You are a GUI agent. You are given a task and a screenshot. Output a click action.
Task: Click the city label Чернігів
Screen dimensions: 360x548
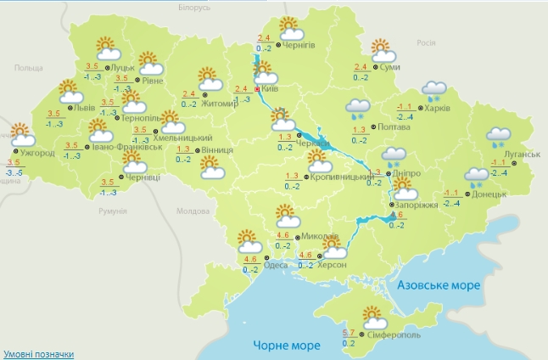click(x=299, y=45)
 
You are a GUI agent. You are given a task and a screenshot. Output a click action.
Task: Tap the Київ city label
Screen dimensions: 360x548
click(x=271, y=88)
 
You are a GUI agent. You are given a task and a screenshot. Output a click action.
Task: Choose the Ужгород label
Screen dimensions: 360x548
click(x=38, y=153)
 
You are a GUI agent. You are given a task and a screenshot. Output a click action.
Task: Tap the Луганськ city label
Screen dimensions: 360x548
click(x=522, y=155)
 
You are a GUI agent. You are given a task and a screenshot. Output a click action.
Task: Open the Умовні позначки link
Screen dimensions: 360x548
click(x=38, y=353)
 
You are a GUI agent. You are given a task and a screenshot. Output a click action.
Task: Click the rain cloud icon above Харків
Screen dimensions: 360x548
click(x=435, y=90)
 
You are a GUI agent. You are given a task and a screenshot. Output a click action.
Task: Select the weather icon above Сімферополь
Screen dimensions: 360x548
click(x=373, y=318)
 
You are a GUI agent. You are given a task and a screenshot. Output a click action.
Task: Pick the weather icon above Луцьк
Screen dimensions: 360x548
click(x=105, y=48)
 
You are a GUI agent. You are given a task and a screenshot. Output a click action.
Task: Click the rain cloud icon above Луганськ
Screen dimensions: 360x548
click(x=499, y=137)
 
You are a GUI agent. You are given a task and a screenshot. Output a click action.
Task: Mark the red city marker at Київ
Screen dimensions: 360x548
click(x=257, y=87)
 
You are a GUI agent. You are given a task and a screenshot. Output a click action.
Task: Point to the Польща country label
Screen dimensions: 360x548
click(x=28, y=68)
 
